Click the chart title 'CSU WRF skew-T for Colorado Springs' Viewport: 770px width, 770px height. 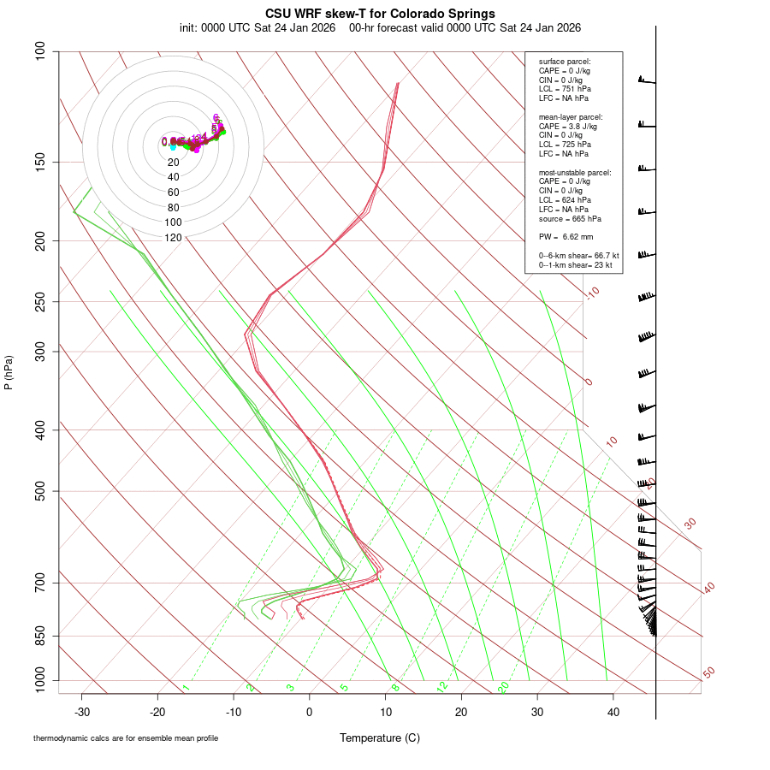pyautogui.click(x=380, y=14)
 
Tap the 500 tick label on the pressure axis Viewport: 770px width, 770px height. pyautogui.click(x=40, y=491)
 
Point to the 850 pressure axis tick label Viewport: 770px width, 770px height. pyautogui.click(x=40, y=636)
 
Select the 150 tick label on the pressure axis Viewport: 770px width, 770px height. pyautogui.click(x=40, y=162)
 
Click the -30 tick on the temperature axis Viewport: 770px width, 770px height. pyautogui.click(x=82, y=712)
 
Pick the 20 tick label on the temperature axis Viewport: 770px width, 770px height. pyautogui.click(x=461, y=712)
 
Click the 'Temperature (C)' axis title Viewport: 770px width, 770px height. pyautogui.click(x=380, y=737)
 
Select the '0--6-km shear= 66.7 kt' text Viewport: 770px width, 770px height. pyautogui.click(x=578, y=256)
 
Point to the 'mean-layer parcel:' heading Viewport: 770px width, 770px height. pyautogui.click(x=571, y=117)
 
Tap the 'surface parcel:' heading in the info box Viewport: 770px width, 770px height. pyautogui.click(x=565, y=62)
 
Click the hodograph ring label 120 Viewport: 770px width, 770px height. pyautogui.click(x=173, y=238)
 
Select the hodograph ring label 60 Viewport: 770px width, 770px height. pyautogui.click(x=173, y=192)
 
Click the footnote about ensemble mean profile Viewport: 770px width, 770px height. pyautogui.click(x=126, y=737)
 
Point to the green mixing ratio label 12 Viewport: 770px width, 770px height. pyautogui.click(x=442, y=686)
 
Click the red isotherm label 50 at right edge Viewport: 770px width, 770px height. pyautogui.click(x=708, y=673)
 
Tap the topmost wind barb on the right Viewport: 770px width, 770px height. pyautogui.click(x=646, y=81)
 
